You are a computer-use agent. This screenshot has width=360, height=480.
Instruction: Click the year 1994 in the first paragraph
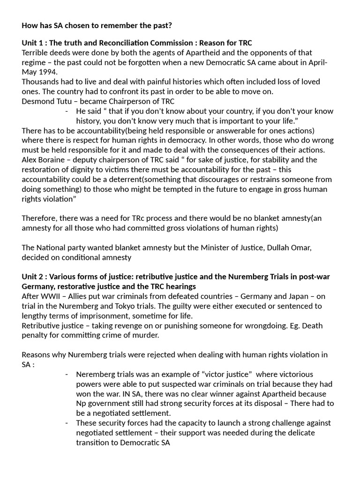click(48, 72)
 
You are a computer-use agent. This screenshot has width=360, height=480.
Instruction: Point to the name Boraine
click(52, 160)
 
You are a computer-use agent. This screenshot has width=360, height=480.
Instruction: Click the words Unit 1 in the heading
click(33, 43)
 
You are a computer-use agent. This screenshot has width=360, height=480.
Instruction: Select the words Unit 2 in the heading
click(33, 277)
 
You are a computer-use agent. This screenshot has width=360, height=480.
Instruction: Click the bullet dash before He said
click(67, 111)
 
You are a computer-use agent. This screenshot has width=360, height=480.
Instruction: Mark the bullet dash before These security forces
click(67, 423)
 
